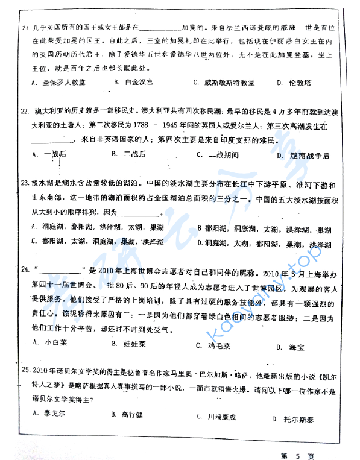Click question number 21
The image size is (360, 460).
pos(25,28)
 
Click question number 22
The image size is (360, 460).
pos(25,112)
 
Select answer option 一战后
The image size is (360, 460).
pos(54,154)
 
